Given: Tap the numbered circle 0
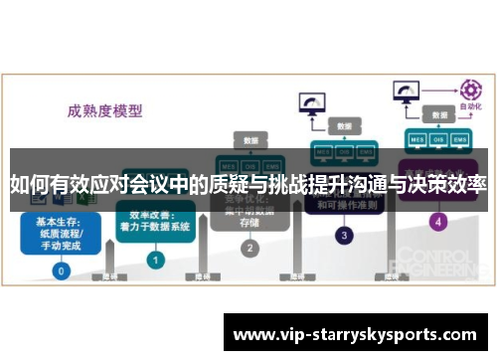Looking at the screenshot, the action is pos(62,270).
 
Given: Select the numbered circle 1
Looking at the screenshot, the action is pos(155,260).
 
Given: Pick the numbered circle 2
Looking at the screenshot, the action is pos(249,248).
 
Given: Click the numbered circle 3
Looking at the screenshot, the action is pos(344,236).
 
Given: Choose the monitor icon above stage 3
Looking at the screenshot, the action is pos(312,103).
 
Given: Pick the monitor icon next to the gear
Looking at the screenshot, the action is pos(408,91).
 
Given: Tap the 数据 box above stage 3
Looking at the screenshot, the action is pos(344,126).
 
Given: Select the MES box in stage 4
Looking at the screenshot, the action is pos(415,140).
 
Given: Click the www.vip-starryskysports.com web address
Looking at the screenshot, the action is pos(357,335).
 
